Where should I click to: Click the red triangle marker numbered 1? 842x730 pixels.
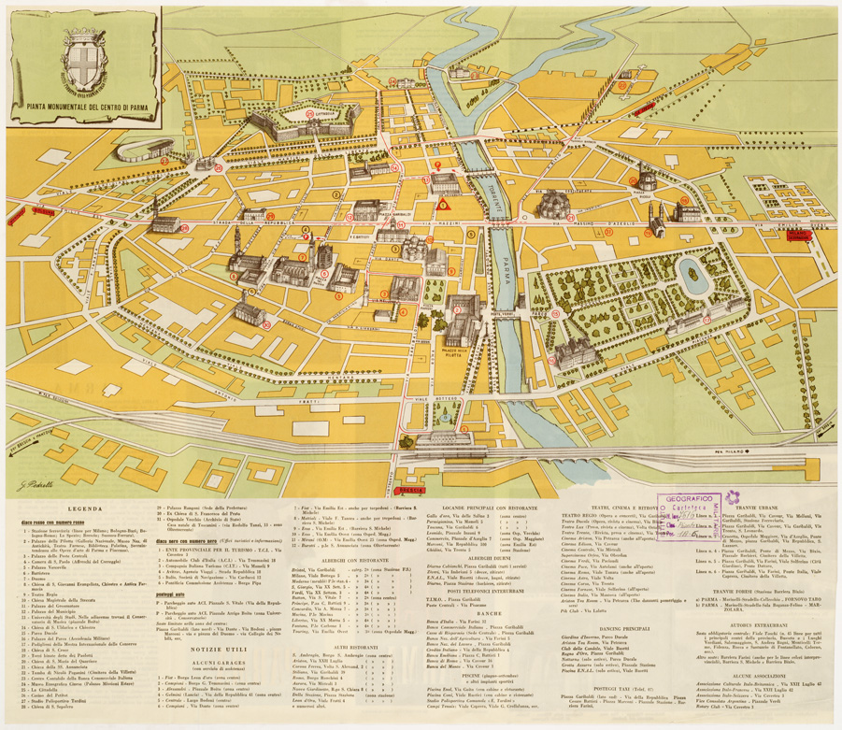tap(445, 203)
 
